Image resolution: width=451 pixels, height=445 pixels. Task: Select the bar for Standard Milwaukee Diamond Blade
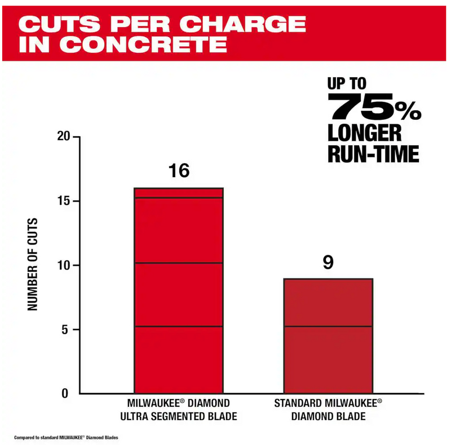tap(328, 336)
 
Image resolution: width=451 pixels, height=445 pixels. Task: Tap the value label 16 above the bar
tap(179, 171)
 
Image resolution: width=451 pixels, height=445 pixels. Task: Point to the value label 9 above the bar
tap(328, 262)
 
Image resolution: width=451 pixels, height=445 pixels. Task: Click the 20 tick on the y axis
tap(63, 137)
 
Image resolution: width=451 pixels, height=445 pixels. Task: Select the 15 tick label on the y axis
tap(63, 201)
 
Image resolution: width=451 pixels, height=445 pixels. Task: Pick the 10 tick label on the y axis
tap(63, 265)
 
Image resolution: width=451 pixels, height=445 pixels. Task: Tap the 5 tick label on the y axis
tap(66, 329)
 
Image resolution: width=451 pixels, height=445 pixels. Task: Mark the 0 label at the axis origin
tap(65, 393)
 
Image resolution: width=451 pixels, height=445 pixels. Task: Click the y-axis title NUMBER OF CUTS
tap(33, 264)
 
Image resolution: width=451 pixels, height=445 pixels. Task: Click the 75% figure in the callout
tap(374, 107)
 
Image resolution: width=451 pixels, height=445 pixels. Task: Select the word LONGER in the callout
tap(365, 133)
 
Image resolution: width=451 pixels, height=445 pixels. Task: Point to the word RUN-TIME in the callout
tap(373, 154)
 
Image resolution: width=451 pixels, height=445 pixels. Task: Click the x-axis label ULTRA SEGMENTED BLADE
tap(178, 417)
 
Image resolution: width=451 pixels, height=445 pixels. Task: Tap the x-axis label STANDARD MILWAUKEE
tap(328, 403)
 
